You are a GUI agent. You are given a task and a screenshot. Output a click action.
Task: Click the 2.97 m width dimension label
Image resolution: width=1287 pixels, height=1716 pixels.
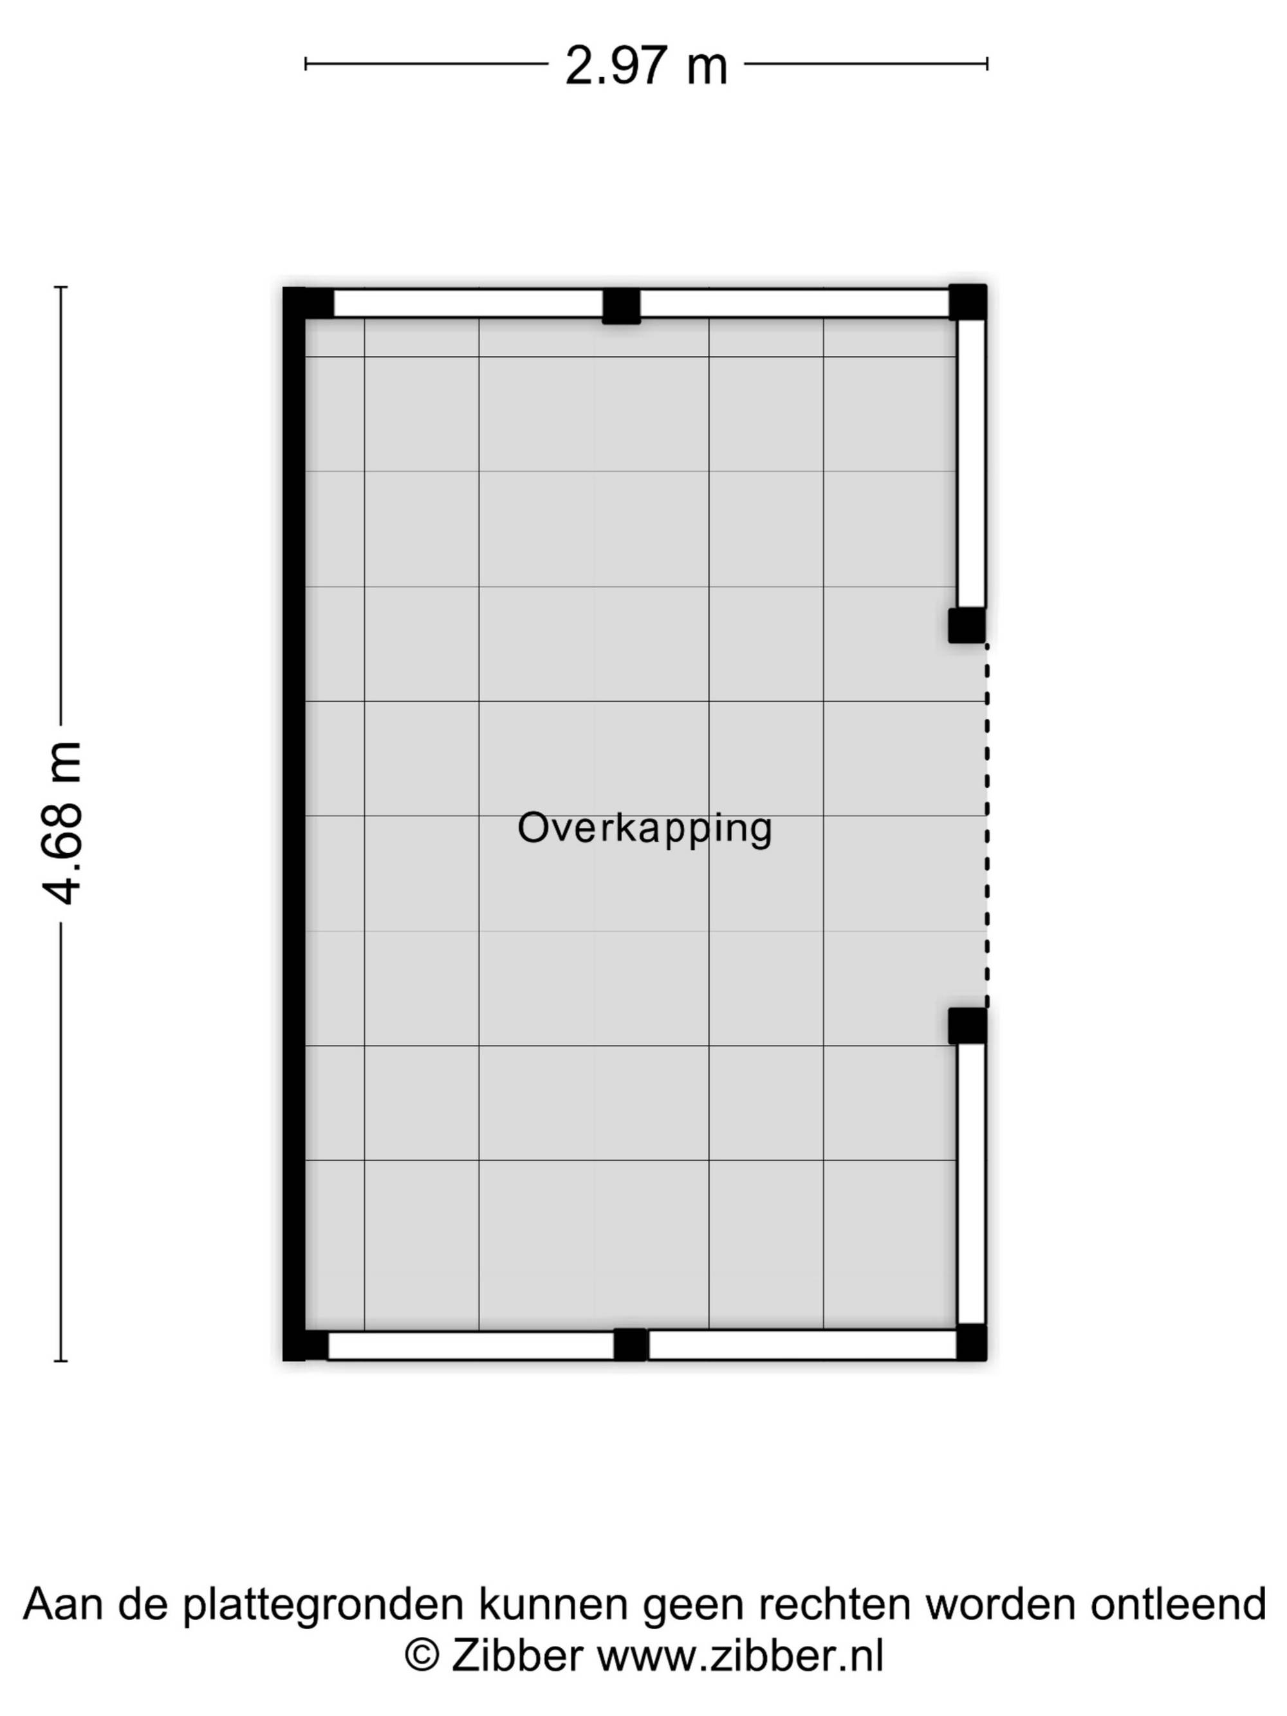[645, 66]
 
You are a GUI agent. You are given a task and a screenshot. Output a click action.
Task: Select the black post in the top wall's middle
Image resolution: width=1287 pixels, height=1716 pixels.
[622, 306]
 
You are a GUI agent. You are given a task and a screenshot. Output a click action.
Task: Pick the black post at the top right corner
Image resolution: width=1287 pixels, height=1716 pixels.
[967, 302]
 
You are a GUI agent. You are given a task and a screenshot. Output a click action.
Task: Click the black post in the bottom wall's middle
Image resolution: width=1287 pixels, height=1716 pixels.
[631, 1344]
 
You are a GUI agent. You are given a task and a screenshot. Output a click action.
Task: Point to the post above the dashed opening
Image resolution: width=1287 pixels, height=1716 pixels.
[967, 625]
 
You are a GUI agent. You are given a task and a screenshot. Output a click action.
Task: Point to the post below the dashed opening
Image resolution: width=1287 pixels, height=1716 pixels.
[967, 1026]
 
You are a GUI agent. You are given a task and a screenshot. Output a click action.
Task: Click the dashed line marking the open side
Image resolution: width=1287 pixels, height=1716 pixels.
[986, 826]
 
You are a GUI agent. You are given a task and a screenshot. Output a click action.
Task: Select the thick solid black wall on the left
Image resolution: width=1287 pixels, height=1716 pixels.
[294, 824]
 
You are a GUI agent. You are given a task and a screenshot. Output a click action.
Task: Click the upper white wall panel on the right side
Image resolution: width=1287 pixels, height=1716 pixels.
[971, 463]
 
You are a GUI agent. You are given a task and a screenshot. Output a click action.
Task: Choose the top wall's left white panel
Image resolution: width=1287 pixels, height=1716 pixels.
[468, 303]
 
